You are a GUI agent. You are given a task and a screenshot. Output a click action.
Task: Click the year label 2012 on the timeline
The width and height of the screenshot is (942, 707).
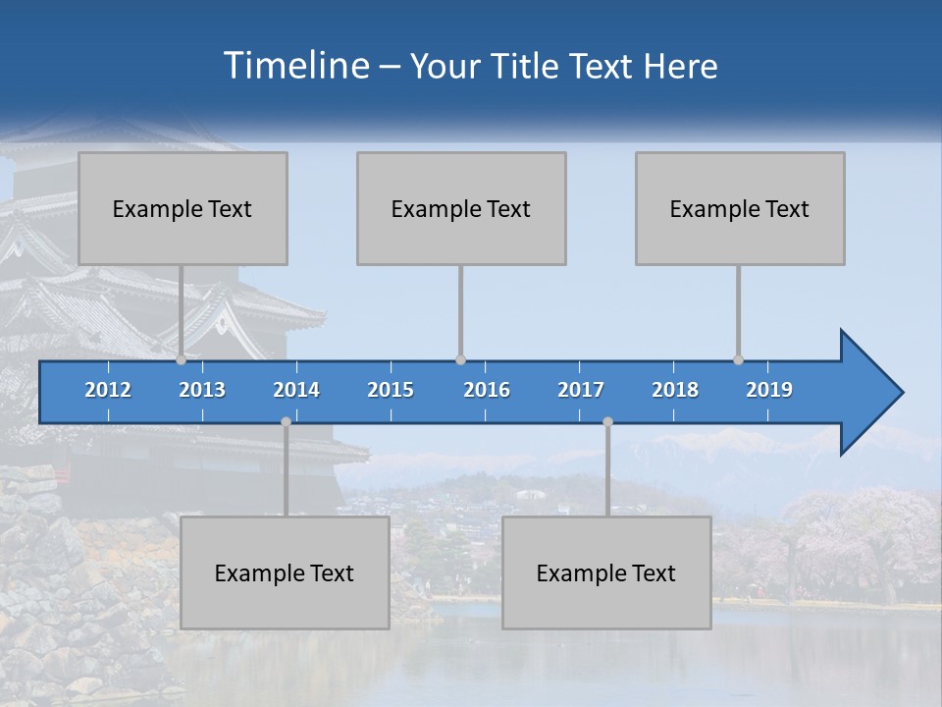point(108,390)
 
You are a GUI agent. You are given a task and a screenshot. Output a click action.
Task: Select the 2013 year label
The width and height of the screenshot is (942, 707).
point(202,390)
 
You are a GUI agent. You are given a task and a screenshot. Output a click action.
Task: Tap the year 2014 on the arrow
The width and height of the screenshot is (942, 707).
point(296,390)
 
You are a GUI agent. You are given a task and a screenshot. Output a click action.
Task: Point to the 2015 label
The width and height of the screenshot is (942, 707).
point(391,390)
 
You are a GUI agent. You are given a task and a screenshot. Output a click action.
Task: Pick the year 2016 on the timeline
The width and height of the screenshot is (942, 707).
point(487,390)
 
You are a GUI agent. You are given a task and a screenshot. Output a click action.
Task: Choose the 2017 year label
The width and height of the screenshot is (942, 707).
point(581,390)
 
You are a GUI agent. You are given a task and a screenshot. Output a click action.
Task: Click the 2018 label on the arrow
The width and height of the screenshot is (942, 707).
point(675,390)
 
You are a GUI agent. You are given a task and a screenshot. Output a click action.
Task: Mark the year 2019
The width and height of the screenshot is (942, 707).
point(769,390)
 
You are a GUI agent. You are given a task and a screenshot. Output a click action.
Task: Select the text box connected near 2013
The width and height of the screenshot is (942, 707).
point(183,208)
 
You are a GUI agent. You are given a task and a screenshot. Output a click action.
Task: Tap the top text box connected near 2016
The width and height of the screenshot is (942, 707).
point(461,208)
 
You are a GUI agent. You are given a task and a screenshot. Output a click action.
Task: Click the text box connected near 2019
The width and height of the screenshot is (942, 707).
point(740,208)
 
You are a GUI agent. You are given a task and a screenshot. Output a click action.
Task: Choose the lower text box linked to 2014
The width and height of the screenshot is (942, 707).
point(285,572)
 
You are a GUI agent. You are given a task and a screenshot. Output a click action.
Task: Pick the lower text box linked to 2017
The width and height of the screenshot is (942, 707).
point(606,572)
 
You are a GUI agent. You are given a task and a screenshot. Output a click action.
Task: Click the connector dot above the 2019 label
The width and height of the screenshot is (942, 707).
point(738,359)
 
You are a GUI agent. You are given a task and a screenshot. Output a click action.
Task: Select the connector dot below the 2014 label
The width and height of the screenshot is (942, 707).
point(286,422)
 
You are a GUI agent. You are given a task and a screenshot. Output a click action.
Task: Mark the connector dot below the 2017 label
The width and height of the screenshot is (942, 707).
point(607,422)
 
